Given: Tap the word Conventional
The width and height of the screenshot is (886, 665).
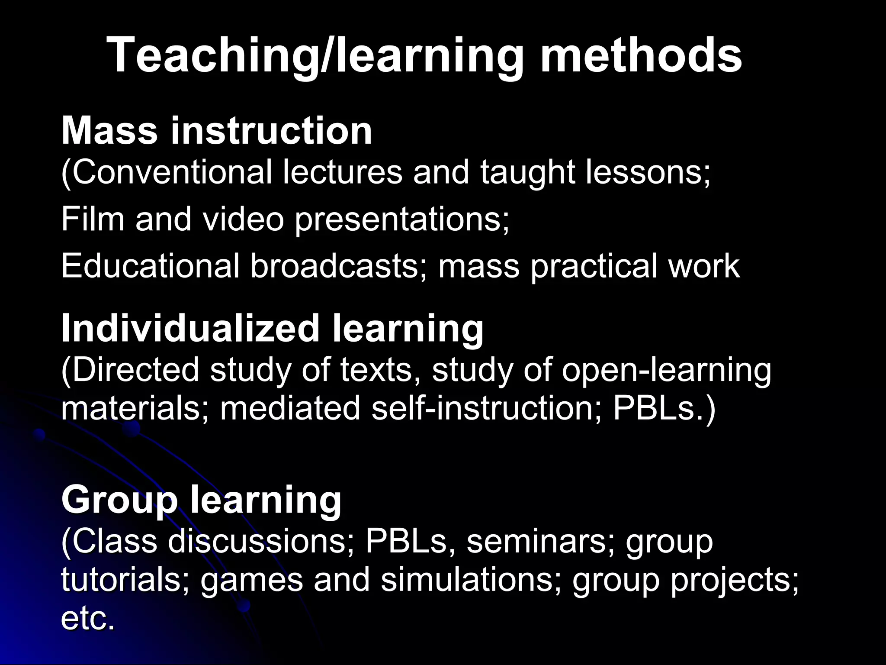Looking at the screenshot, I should tap(171, 173).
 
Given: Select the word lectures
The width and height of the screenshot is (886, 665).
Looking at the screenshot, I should tap(342, 173).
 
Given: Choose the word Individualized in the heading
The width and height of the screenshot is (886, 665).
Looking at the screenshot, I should tap(190, 328).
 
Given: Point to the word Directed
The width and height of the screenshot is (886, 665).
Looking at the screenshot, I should tap(135, 370).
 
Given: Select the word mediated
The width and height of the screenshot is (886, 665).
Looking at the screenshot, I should tap(290, 408).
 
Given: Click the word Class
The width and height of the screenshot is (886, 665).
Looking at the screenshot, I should tap(113, 542).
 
